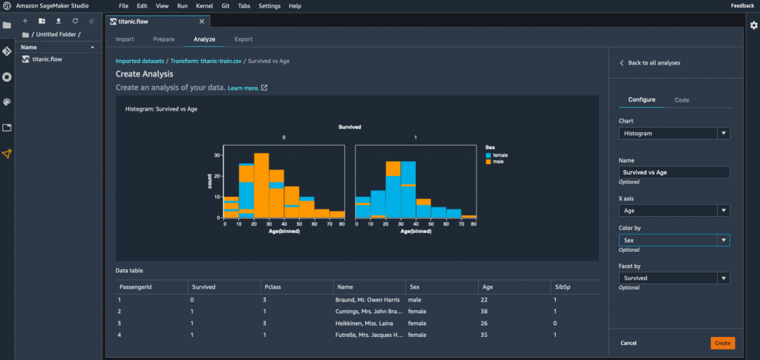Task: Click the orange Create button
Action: [x=721, y=342]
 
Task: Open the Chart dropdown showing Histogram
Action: [x=674, y=134]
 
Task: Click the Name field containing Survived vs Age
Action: [x=674, y=172]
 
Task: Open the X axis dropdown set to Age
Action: [x=674, y=211]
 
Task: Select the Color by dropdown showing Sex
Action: [x=674, y=240]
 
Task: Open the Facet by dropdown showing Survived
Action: [x=674, y=278]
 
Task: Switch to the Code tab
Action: [x=681, y=99]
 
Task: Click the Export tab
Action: [x=243, y=38]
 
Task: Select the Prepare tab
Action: [x=163, y=38]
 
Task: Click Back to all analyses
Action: [x=653, y=63]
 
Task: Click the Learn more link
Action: [x=243, y=88]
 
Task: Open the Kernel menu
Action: [x=204, y=5]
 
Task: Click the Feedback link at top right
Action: [x=742, y=5]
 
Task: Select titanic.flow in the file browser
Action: [x=47, y=59]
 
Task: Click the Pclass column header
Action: [x=272, y=286]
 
